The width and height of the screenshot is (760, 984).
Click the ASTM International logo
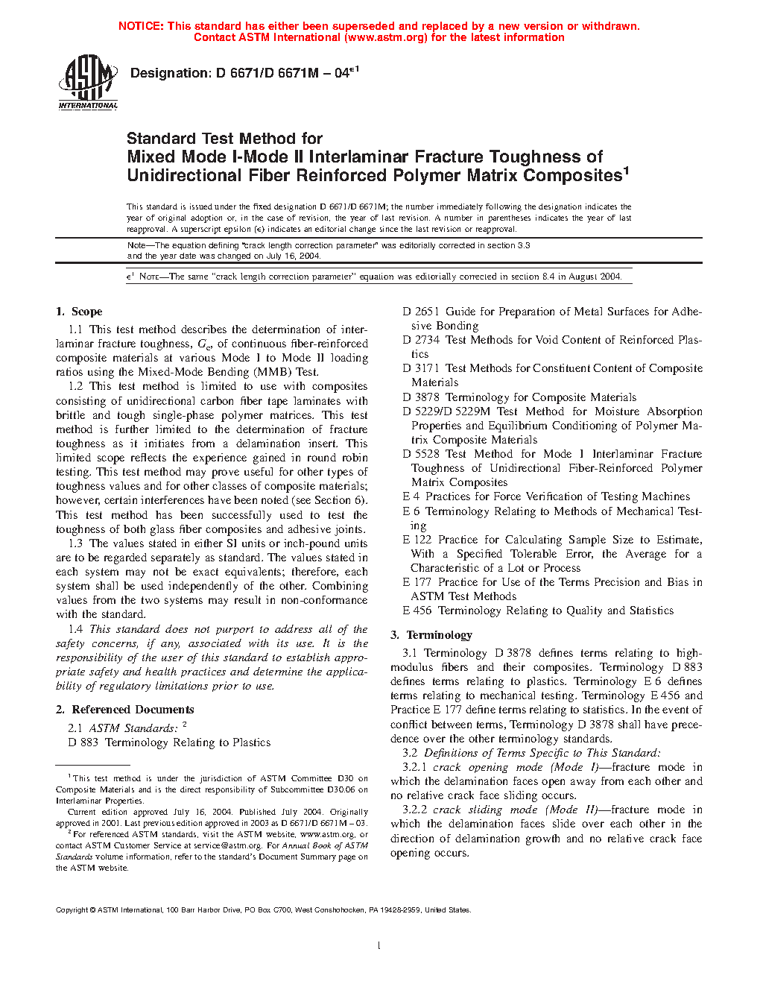pyautogui.click(x=87, y=83)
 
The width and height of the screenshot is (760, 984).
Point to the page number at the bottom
pyautogui.click(x=379, y=946)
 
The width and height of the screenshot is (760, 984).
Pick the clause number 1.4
pyautogui.click(x=75, y=629)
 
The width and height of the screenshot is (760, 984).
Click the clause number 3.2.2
pyautogui.click(x=415, y=810)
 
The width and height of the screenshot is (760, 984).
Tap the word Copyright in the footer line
pyautogui.click(x=72, y=909)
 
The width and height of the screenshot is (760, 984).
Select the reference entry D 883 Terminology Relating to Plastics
pyautogui.click(x=169, y=742)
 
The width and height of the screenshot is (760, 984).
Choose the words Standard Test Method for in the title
pyautogui.click(x=224, y=139)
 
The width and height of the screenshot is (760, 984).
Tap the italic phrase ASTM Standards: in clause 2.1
pyautogui.click(x=133, y=728)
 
